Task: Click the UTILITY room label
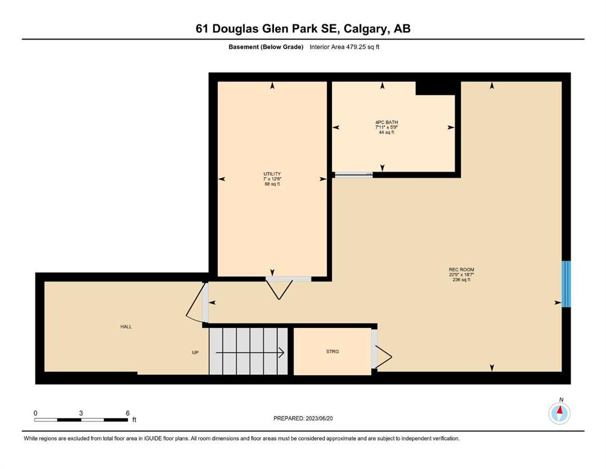click(x=272, y=174)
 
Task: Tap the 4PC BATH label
click(x=386, y=122)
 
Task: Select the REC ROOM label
click(x=461, y=269)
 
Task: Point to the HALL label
click(x=126, y=327)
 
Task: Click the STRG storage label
click(x=333, y=352)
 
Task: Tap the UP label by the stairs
click(x=195, y=352)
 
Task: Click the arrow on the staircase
click(x=250, y=352)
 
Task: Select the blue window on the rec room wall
click(x=566, y=284)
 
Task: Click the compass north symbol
click(x=559, y=413)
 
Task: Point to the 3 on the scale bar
click(x=81, y=413)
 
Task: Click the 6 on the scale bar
click(x=128, y=413)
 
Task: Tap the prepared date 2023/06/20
click(x=319, y=418)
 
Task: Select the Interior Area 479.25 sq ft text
click(x=344, y=47)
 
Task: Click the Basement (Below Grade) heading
click(x=266, y=47)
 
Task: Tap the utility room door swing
click(x=279, y=289)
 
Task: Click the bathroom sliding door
click(x=353, y=175)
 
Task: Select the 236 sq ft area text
click(x=461, y=280)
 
